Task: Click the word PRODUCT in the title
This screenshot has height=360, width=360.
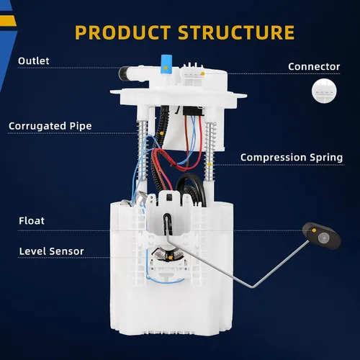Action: (122, 32)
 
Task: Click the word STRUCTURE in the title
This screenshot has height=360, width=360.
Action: (236, 32)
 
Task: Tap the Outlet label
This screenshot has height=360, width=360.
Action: (34, 61)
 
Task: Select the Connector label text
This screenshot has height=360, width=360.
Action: (314, 67)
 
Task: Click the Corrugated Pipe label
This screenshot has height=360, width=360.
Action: (50, 126)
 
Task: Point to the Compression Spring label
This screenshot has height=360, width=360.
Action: (292, 158)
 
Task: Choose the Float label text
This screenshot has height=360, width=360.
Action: (32, 221)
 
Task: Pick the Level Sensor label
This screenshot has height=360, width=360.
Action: (51, 251)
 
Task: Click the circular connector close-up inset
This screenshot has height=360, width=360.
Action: (324, 91)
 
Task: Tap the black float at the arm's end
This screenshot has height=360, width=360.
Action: (322, 235)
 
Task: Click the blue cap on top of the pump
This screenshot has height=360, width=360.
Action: (166, 64)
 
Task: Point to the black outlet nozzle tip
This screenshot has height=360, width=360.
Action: (123, 73)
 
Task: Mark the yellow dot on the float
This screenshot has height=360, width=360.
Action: (314, 230)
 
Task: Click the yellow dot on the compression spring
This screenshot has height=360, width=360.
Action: (210, 164)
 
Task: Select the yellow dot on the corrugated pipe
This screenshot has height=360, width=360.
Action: (161, 133)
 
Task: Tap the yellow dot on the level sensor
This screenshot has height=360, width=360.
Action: (170, 258)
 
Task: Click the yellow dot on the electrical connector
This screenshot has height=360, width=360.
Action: (203, 73)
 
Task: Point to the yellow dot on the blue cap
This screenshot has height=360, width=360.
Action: (166, 68)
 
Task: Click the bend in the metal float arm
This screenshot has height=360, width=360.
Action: (252, 287)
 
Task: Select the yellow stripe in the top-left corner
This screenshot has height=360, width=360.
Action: (8, 21)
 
